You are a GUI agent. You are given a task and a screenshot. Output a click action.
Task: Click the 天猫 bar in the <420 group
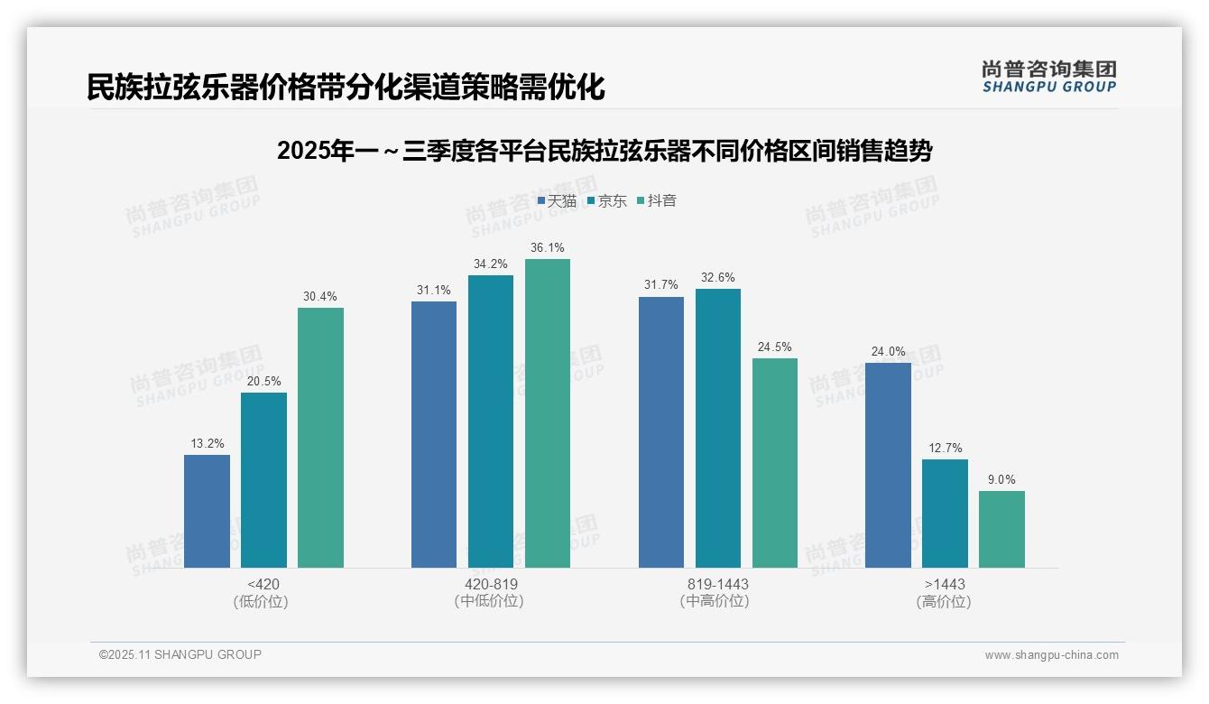pyautogui.click(x=207, y=511)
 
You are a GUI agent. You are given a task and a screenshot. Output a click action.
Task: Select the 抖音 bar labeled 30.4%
pyautogui.click(x=320, y=438)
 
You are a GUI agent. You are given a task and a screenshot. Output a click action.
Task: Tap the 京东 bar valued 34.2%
pyautogui.click(x=491, y=421)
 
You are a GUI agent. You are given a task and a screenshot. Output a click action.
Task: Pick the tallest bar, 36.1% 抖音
pyautogui.click(x=548, y=413)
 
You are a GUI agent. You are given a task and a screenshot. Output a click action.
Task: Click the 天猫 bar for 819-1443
pyautogui.click(x=661, y=432)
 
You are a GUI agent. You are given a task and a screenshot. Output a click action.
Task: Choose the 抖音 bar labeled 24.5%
pyautogui.click(x=775, y=463)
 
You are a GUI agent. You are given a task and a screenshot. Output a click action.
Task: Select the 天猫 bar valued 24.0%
pyautogui.click(x=888, y=465)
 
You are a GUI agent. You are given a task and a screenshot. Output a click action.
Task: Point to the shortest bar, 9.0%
pyautogui.click(x=1001, y=529)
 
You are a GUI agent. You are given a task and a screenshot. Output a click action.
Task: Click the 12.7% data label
pyautogui.click(x=945, y=448)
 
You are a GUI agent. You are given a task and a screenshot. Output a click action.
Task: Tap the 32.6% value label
pyautogui.click(x=718, y=277)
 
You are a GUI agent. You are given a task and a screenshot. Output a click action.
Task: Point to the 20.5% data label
pyautogui.click(x=263, y=381)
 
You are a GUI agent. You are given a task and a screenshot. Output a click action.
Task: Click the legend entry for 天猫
pyautogui.click(x=557, y=200)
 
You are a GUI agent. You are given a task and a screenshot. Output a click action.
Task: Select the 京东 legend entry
pyautogui.click(x=607, y=200)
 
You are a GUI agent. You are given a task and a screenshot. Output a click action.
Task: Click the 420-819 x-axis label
pyautogui.click(x=491, y=584)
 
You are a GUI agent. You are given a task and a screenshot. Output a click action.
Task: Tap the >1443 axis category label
pyautogui.click(x=945, y=584)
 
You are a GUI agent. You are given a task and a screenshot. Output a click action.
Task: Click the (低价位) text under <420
pyautogui.click(x=261, y=601)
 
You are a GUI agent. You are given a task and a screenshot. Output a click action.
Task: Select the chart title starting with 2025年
pyautogui.click(x=604, y=151)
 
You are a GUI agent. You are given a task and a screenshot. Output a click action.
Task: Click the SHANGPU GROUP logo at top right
pyautogui.click(x=1048, y=77)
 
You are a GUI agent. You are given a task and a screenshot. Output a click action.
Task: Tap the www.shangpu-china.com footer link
pyautogui.click(x=1051, y=655)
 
